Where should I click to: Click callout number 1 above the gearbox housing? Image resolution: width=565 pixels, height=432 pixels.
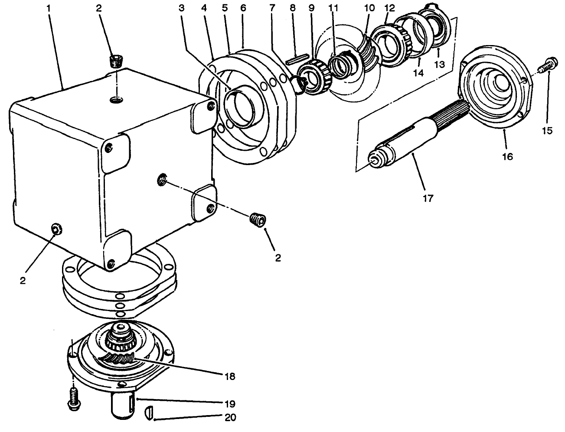(49, 7)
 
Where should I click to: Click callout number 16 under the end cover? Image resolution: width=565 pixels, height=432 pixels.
(507, 156)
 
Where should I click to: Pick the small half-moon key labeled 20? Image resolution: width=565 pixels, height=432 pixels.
(148, 411)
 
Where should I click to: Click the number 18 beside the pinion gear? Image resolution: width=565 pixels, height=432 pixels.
(229, 376)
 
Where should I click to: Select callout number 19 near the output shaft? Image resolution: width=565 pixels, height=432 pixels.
(229, 404)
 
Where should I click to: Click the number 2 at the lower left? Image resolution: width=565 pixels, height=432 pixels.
(23, 280)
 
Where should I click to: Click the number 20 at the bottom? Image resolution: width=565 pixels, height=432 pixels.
(229, 418)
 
